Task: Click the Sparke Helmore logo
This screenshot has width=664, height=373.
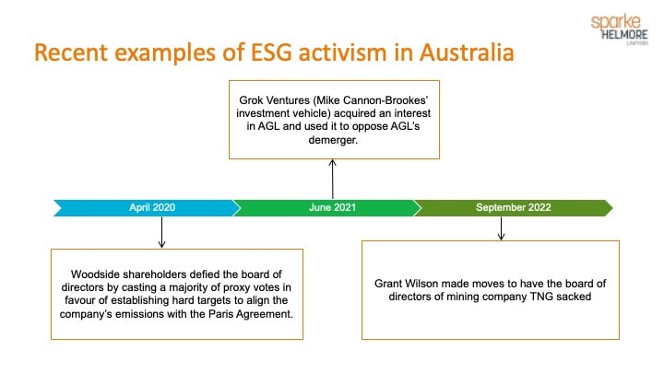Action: click(x=620, y=29)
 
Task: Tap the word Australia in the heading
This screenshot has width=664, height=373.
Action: click(x=467, y=52)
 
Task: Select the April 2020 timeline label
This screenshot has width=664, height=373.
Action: click(x=152, y=207)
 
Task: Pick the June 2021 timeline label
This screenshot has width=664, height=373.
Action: click(x=332, y=207)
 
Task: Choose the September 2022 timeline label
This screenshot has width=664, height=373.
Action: click(x=514, y=207)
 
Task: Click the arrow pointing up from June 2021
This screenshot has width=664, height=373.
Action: click(x=333, y=180)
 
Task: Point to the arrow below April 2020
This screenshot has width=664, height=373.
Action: click(x=161, y=232)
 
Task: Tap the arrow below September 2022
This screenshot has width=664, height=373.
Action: click(x=502, y=228)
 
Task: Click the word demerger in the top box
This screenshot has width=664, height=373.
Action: click(x=333, y=140)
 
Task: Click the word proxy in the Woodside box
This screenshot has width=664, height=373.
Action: click(x=237, y=287)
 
